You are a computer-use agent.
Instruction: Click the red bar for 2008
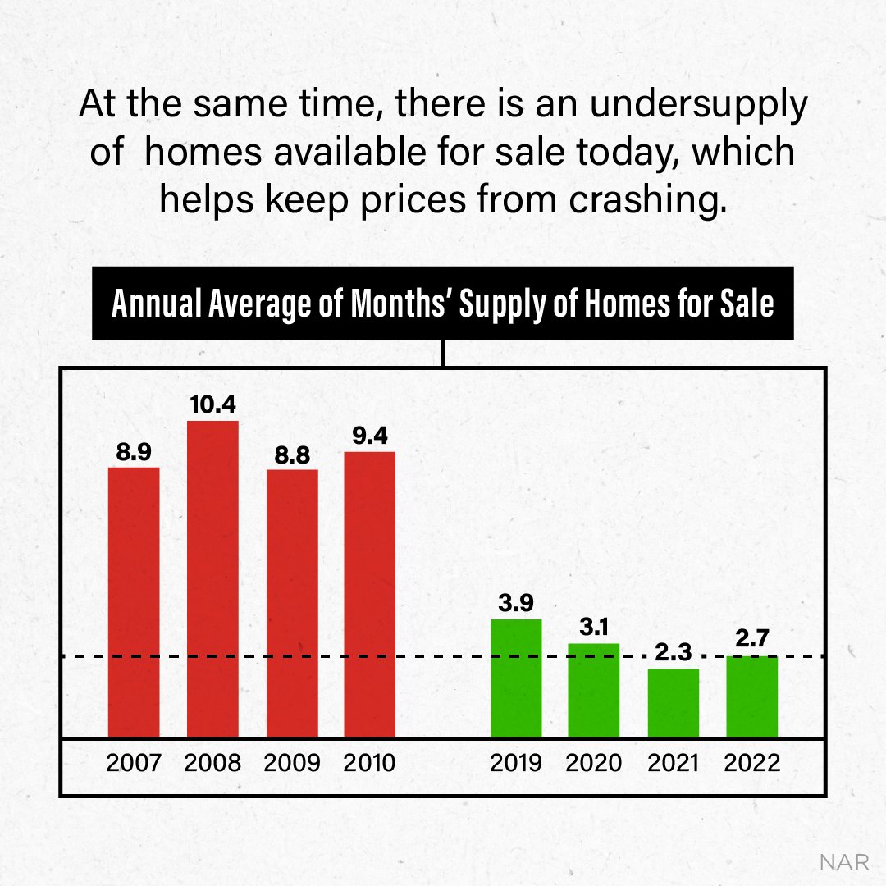point(212,578)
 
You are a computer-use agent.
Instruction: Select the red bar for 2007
point(134,602)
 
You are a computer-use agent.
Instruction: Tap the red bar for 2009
point(292,603)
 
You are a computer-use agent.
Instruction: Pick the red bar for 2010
point(369,594)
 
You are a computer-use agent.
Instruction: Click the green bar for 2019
point(516,678)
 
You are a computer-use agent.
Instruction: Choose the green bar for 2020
point(593,690)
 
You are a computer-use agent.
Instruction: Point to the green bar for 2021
point(673,703)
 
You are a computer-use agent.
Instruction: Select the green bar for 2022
point(751,696)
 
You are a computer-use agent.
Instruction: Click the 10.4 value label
point(212,404)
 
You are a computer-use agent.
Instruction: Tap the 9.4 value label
point(369,436)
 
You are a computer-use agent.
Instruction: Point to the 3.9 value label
point(516,604)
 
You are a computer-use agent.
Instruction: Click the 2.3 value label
point(673,653)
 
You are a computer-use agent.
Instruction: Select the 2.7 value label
point(752,638)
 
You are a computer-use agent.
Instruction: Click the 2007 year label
point(134,763)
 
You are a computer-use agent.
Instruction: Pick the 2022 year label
point(752,763)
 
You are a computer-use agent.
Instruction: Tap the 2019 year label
point(516,763)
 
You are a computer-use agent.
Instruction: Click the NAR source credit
point(844,862)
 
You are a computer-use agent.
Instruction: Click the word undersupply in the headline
point(699,106)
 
